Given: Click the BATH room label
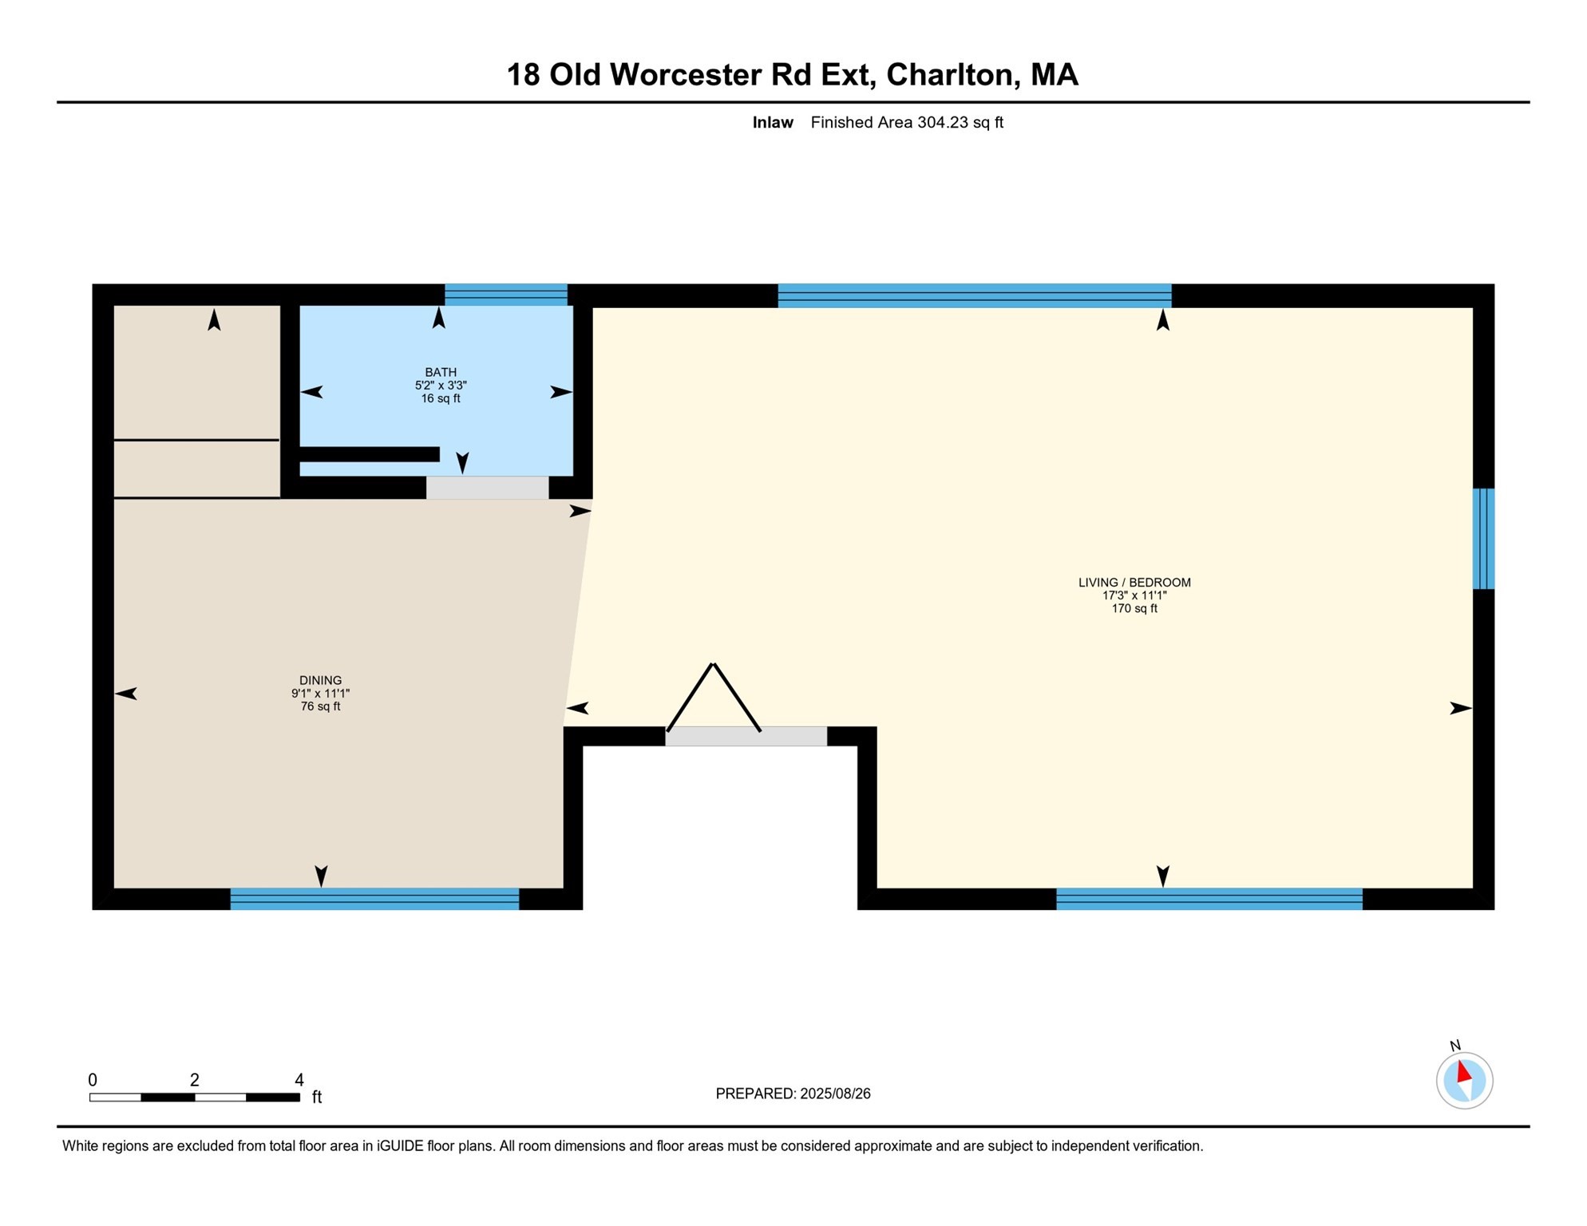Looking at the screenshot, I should pyautogui.click(x=441, y=372).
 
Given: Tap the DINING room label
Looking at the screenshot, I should pyautogui.click(x=320, y=681).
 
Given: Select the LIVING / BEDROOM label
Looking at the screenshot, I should pyautogui.click(x=1134, y=583).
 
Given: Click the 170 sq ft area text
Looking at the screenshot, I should pyautogui.click(x=1134, y=609).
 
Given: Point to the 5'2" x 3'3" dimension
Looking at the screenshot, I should pyautogui.click(x=441, y=386).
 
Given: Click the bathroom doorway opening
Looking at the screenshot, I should pyautogui.click(x=487, y=488).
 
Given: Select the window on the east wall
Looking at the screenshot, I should pyautogui.click(x=1483, y=539).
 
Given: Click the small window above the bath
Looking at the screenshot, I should pyautogui.click(x=506, y=295).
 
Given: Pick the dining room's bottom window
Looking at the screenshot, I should pyautogui.click(x=374, y=899).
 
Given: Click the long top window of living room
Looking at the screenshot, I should pyautogui.click(x=974, y=295).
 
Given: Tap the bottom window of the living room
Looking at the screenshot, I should pyautogui.click(x=1209, y=899).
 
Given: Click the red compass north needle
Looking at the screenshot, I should pyautogui.click(x=1463, y=1071).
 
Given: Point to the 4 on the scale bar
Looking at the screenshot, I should pyautogui.click(x=299, y=1080).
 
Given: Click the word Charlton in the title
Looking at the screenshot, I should pyautogui.click(x=949, y=75).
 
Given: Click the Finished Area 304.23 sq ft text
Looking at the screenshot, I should pyautogui.click(x=907, y=123).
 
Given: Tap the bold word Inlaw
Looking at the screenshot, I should pyautogui.click(x=772, y=123).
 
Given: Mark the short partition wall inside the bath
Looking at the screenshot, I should pyautogui.click(x=370, y=454).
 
